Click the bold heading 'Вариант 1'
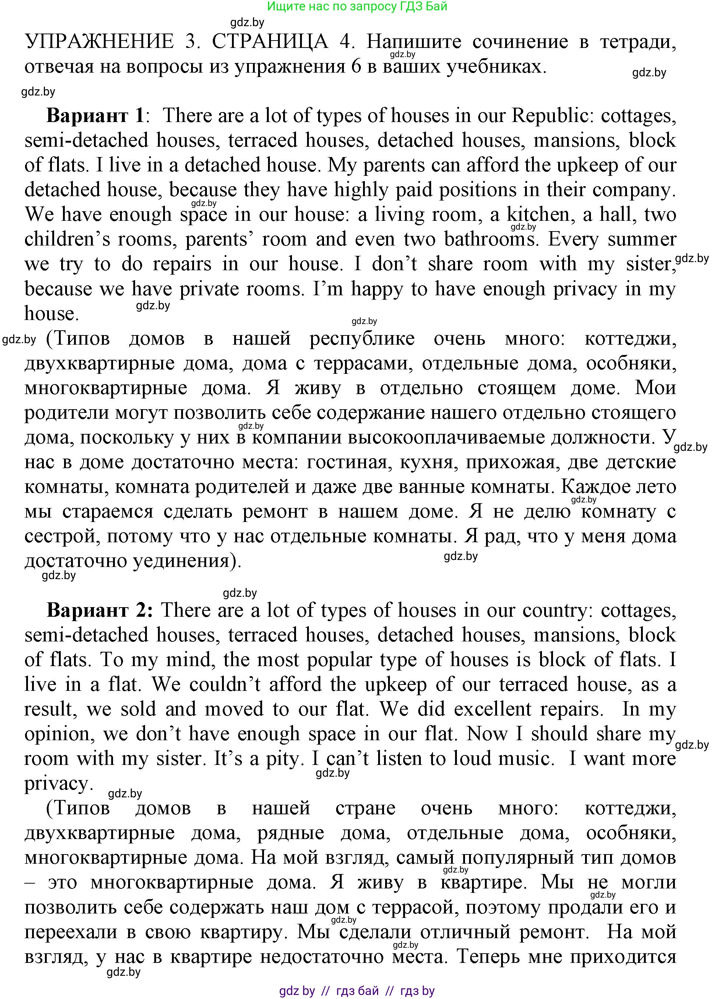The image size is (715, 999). pyautogui.click(x=95, y=116)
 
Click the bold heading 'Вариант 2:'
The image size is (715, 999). pyautogui.click(x=100, y=610)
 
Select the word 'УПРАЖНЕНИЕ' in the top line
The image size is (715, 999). pyautogui.click(x=99, y=42)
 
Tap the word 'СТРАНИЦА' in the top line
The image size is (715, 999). pyautogui.click(x=270, y=42)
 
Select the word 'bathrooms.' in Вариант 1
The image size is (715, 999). pyautogui.click(x=491, y=239)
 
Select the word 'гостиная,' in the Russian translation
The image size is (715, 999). pyautogui.click(x=347, y=462)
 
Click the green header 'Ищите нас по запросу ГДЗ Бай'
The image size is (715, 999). pyautogui.click(x=357, y=6)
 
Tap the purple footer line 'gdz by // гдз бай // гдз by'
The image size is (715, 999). pyautogui.click(x=357, y=991)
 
